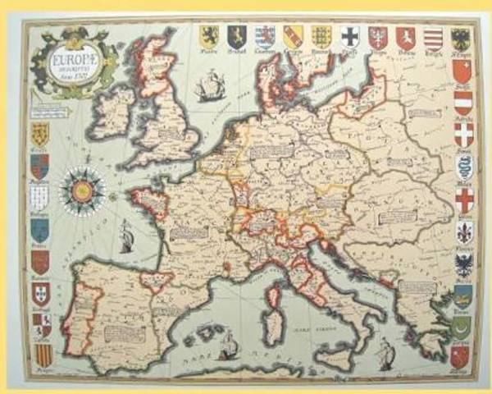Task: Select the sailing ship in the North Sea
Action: (210, 85)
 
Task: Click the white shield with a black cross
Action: (350, 36)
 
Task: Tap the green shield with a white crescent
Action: (462, 327)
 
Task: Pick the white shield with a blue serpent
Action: (463, 167)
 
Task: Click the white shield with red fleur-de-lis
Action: (463, 232)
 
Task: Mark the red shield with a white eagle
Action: (377, 37)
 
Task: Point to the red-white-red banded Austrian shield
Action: (463, 103)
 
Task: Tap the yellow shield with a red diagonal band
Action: (294, 36)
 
